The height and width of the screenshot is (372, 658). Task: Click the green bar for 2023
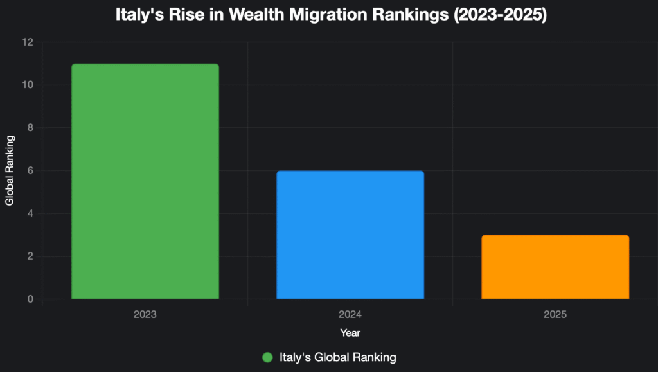click(x=145, y=181)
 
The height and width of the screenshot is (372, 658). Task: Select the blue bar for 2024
click(x=350, y=235)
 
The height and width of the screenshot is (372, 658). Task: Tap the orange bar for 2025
click(x=555, y=267)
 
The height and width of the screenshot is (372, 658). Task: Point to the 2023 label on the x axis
click(x=145, y=315)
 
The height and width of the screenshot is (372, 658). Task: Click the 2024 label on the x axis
click(x=350, y=315)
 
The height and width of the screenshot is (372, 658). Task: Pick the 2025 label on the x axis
click(x=555, y=315)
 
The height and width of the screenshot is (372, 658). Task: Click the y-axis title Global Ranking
click(x=10, y=170)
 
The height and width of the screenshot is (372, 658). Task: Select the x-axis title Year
click(x=350, y=333)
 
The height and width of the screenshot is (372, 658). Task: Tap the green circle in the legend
click(x=268, y=357)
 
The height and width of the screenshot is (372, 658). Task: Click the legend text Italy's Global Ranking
click(x=337, y=357)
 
